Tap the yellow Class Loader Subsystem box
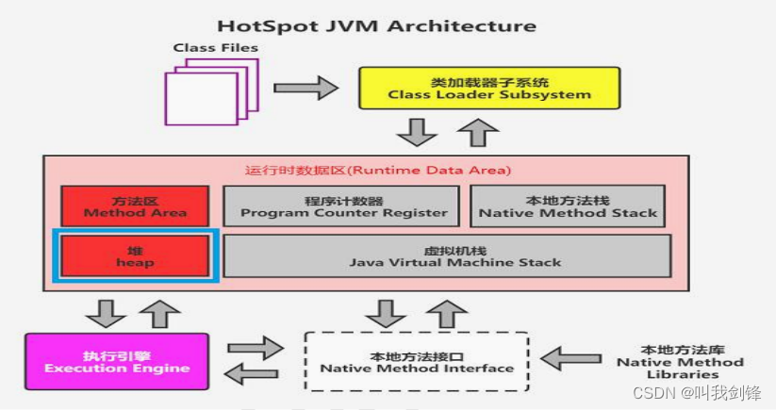point(489,88)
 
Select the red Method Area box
point(135,205)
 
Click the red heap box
point(135,255)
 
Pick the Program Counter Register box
point(341,205)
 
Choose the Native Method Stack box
point(568,205)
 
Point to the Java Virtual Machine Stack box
point(447,255)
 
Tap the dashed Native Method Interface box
point(417,362)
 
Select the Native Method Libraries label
point(680,362)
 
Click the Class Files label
point(215,47)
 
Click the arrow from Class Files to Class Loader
point(305,89)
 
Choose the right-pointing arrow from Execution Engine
point(256,347)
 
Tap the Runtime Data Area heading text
point(377,171)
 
